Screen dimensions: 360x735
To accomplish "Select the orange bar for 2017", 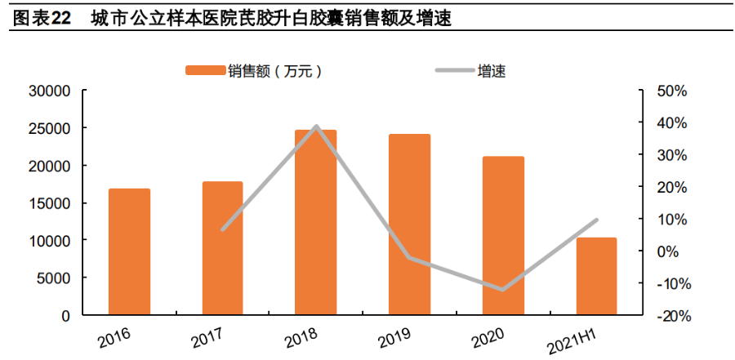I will [222, 248].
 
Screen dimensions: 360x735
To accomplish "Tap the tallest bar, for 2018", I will [315, 222].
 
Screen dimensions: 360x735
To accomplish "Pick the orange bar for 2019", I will [409, 224].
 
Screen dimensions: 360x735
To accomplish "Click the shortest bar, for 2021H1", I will [596, 276].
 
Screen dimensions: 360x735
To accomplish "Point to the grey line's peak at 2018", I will [315, 127].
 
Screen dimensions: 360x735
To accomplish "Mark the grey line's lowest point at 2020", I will [502, 290].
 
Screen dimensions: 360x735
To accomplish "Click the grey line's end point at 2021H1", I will [596, 220].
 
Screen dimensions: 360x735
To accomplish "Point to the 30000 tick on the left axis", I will [49, 91].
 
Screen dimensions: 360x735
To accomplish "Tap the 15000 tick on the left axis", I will [49, 203].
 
